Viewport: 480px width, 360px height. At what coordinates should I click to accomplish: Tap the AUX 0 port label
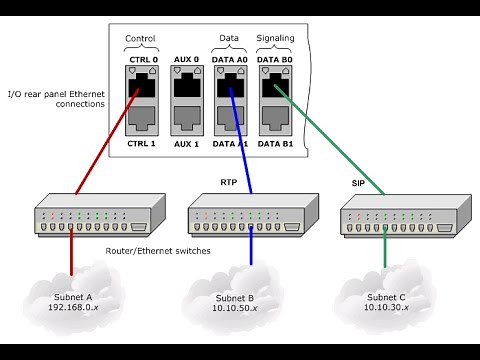click(x=187, y=61)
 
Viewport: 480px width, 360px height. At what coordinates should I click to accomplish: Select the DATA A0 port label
click(x=231, y=61)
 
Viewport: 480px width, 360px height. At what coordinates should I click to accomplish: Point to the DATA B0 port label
click(x=275, y=61)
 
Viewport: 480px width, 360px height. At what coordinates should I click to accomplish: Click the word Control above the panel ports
click(x=140, y=39)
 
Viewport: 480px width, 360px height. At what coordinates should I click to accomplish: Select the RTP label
click(x=229, y=182)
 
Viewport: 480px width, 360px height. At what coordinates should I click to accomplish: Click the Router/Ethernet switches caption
click(x=158, y=251)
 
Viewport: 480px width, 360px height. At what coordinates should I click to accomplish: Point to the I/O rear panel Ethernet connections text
click(x=56, y=98)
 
